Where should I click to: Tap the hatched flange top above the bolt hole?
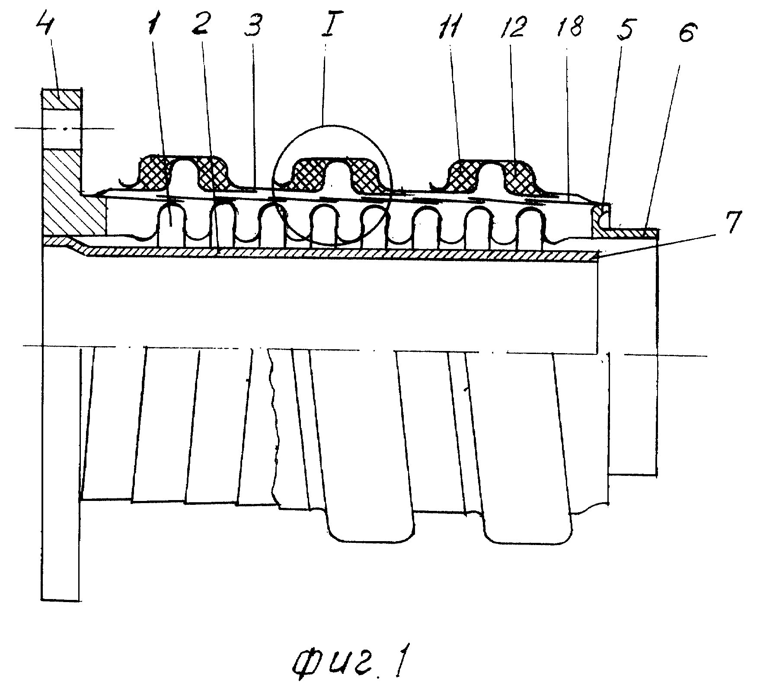pyautogui.click(x=61, y=99)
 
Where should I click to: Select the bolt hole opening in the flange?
pyautogui.click(x=61, y=129)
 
